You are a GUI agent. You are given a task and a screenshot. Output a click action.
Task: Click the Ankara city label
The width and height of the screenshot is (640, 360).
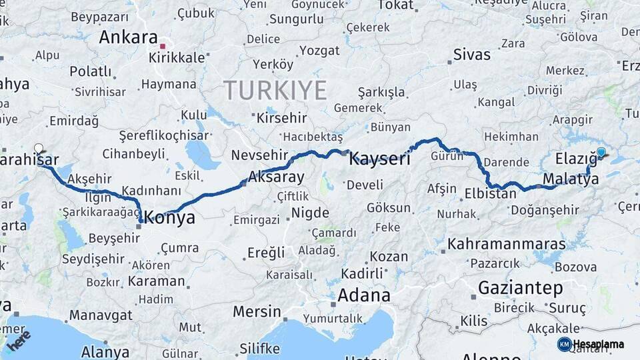(128, 37)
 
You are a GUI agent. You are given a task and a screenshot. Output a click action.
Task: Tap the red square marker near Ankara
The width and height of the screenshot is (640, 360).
(163, 47)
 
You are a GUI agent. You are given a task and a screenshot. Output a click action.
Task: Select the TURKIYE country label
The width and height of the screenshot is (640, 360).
(275, 90)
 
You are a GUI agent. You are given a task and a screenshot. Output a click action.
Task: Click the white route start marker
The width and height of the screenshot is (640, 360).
(39, 149)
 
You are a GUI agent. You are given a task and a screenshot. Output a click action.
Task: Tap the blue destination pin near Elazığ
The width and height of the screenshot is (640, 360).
(601, 153)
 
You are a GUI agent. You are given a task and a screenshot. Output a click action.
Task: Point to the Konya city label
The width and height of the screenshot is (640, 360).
(170, 217)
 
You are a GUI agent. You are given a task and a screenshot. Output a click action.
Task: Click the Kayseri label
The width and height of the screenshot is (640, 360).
(380, 159)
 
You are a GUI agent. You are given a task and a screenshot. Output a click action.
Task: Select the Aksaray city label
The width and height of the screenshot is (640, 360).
(276, 177)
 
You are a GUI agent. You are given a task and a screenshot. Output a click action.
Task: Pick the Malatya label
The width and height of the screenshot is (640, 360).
(571, 179)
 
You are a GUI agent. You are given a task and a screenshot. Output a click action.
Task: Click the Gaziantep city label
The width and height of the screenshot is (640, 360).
(521, 288)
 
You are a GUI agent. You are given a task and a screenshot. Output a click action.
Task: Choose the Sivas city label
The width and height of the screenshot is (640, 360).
(471, 54)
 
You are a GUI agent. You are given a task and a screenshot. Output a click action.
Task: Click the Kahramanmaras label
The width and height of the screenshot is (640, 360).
(506, 244)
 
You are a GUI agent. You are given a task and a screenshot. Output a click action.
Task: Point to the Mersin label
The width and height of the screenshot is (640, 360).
(257, 311)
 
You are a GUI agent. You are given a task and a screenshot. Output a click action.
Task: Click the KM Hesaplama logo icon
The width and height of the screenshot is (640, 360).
(564, 344)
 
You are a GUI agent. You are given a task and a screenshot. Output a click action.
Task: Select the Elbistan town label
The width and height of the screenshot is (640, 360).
(490, 195)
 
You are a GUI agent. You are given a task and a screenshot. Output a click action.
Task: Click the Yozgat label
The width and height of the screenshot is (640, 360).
(319, 51)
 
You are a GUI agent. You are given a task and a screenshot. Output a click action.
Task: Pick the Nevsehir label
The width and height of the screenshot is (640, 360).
(258, 155)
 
